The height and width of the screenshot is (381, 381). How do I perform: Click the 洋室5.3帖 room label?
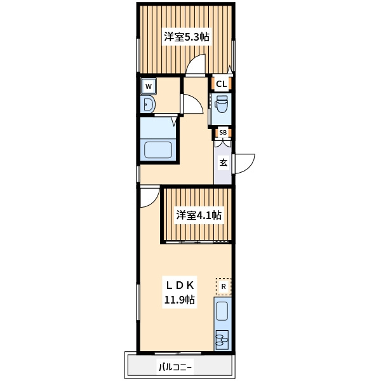coord(186,37)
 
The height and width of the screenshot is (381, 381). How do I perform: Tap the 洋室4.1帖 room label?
coord(199,215)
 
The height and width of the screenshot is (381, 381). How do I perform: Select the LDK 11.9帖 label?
coord(180,292)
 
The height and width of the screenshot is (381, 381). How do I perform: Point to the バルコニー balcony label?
coord(175,367)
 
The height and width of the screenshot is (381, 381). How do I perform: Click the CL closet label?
coord(221,84)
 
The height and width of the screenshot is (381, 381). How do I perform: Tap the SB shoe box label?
coord(223,133)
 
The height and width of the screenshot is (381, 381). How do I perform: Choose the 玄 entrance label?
coord(224,163)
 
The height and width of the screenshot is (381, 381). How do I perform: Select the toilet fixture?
coord(221,104)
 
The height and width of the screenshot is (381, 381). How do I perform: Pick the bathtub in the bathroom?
coord(158,150)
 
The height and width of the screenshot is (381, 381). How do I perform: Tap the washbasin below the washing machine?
coord(149,105)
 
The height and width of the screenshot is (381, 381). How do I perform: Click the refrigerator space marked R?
coord(224,286)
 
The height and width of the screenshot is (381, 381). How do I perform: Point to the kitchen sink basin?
coord(222,311)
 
